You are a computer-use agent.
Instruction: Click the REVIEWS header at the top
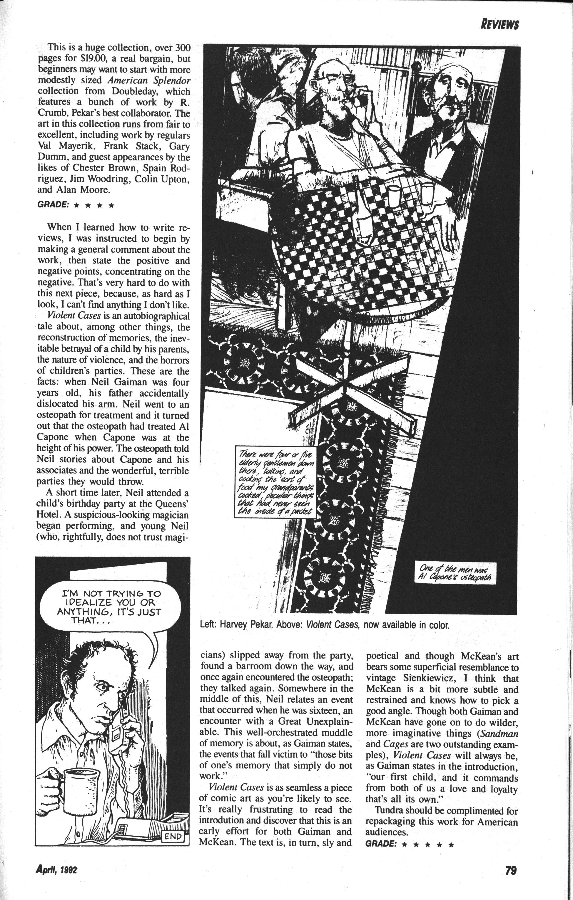500,25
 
